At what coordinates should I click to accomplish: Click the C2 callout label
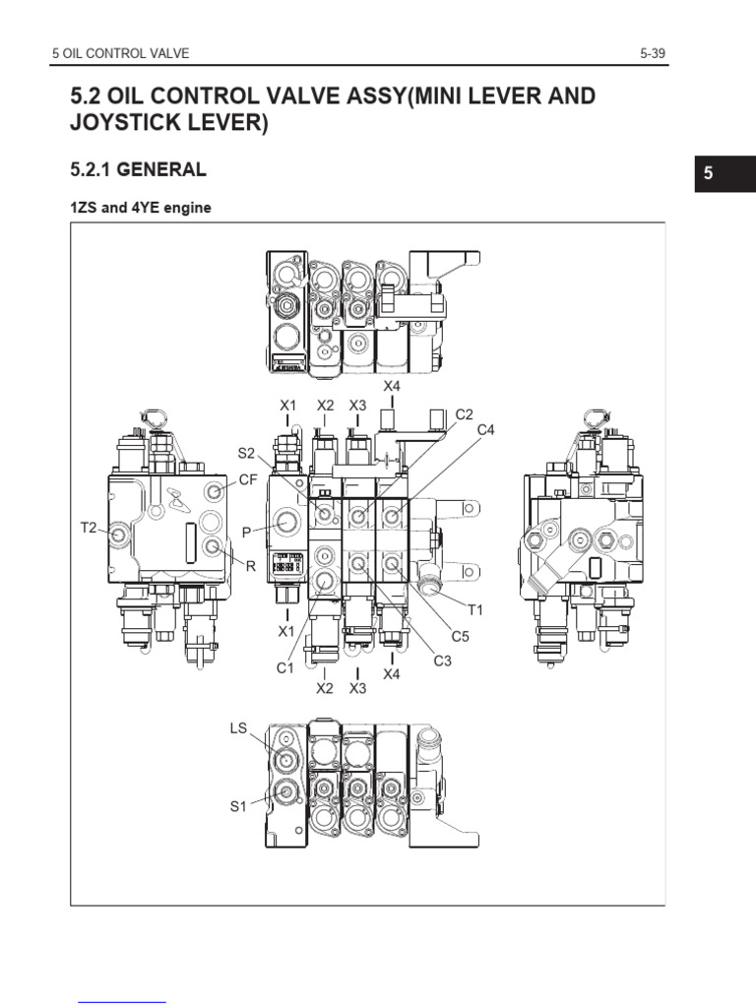click(x=465, y=414)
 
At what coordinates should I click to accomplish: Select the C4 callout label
click(x=485, y=429)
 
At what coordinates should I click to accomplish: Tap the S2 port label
click(x=246, y=453)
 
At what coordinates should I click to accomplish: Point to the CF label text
click(x=248, y=480)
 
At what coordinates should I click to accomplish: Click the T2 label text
click(x=89, y=528)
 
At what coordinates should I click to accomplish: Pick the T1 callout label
click(x=475, y=609)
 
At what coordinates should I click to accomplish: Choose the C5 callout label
click(x=460, y=636)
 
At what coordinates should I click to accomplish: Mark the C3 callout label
click(x=442, y=661)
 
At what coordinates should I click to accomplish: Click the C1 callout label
click(x=284, y=668)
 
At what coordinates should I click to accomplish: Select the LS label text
click(x=238, y=727)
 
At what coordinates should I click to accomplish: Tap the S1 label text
click(x=238, y=806)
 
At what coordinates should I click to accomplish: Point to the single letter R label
click(x=251, y=566)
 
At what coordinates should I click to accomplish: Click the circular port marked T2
click(x=119, y=534)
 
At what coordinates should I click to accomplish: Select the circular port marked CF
click(x=213, y=490)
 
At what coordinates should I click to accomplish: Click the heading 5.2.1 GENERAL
click(x=138, y=169)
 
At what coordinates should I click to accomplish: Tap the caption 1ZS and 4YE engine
click(x=141, y=208)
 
